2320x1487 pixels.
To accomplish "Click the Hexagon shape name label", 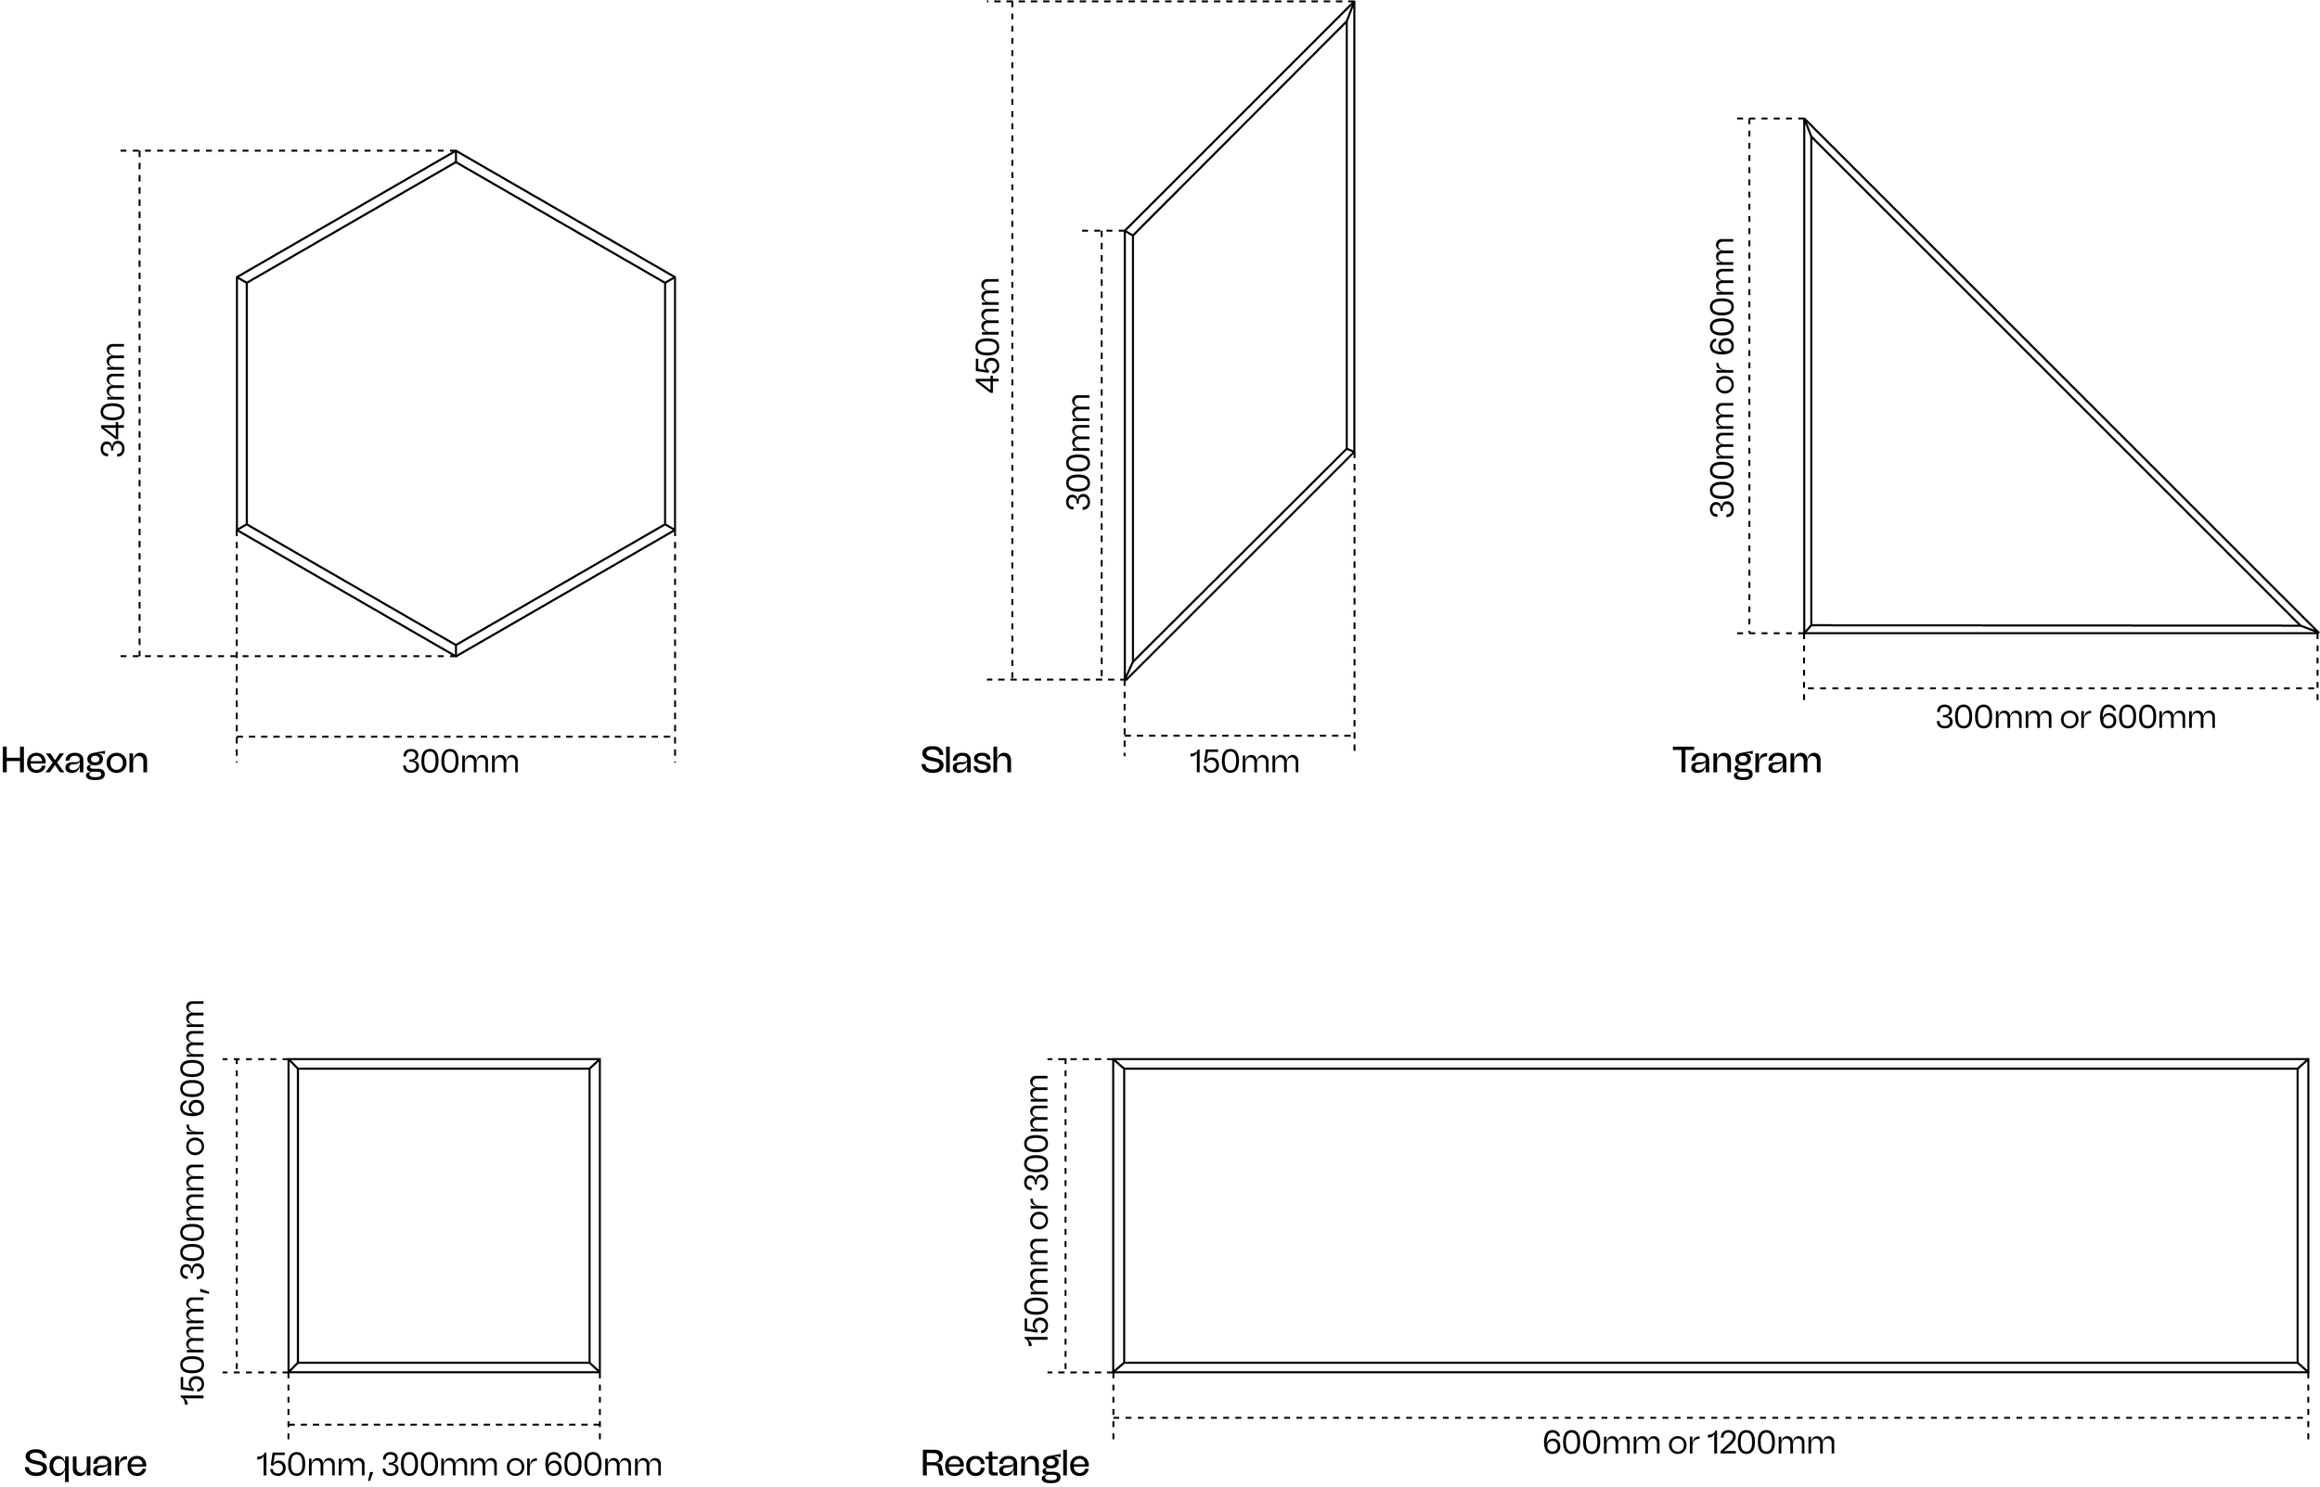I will click(74, 761).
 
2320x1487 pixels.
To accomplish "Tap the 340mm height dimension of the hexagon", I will click(114, 400).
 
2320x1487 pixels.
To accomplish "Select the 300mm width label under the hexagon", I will click(459, 762).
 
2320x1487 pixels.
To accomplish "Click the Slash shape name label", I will click(966, 761).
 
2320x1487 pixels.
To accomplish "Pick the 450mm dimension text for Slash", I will click(987, 335).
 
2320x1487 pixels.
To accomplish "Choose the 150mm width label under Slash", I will click(1244, 762).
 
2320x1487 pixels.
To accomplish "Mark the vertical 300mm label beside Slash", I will click(1078, 451).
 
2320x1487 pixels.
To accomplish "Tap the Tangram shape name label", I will click(1746, 761).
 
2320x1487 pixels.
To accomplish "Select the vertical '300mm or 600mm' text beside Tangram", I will click(1722, 378).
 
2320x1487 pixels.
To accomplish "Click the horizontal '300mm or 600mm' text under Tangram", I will click(2075, 717).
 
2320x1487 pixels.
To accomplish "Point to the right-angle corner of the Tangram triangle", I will click(1807, 630).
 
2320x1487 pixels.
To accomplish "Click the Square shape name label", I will click(85, 1464).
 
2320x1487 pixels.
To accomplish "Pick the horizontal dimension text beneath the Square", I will click(458, 1465).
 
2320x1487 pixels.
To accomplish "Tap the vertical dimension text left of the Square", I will click(193, 1202).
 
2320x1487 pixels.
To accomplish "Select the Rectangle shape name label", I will click(1004, 1464).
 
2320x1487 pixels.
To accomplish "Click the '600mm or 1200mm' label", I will click(1688, 1442).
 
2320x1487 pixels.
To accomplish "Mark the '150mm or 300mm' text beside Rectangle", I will click(1037, 1210).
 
